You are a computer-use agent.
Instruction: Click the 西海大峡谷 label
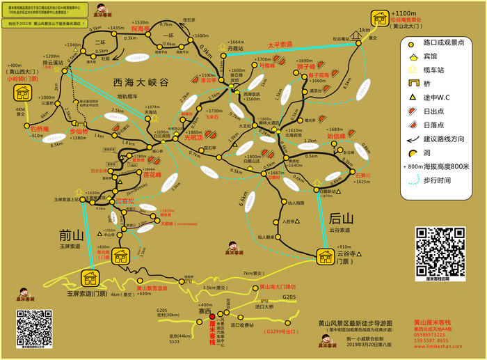(141, 82)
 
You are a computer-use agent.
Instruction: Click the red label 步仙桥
(80, 131)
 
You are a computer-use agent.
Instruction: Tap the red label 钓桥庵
(39, 129)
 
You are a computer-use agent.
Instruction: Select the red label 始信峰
(337, 136)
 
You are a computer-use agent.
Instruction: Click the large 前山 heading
(71, 235)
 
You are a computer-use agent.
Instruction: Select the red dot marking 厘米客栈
(212, 317)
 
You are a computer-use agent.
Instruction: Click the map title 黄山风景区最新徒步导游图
(356, 322)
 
